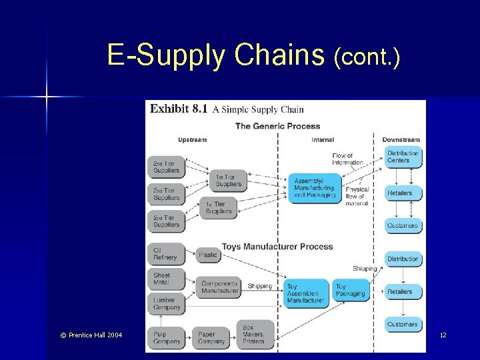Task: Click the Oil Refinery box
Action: (165, 254)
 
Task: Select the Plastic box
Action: (208, 255)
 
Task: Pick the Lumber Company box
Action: (165, 303)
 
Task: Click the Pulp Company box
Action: (167, 337)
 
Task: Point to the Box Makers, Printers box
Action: (253, 333)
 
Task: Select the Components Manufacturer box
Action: (220, 287)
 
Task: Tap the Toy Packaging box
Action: (351, 290)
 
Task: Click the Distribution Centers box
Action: (403, 157)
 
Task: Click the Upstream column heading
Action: (193, 140)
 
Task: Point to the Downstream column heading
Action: (401, 140)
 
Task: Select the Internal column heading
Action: (323, 140)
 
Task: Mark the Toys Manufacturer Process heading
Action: (277, 247)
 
